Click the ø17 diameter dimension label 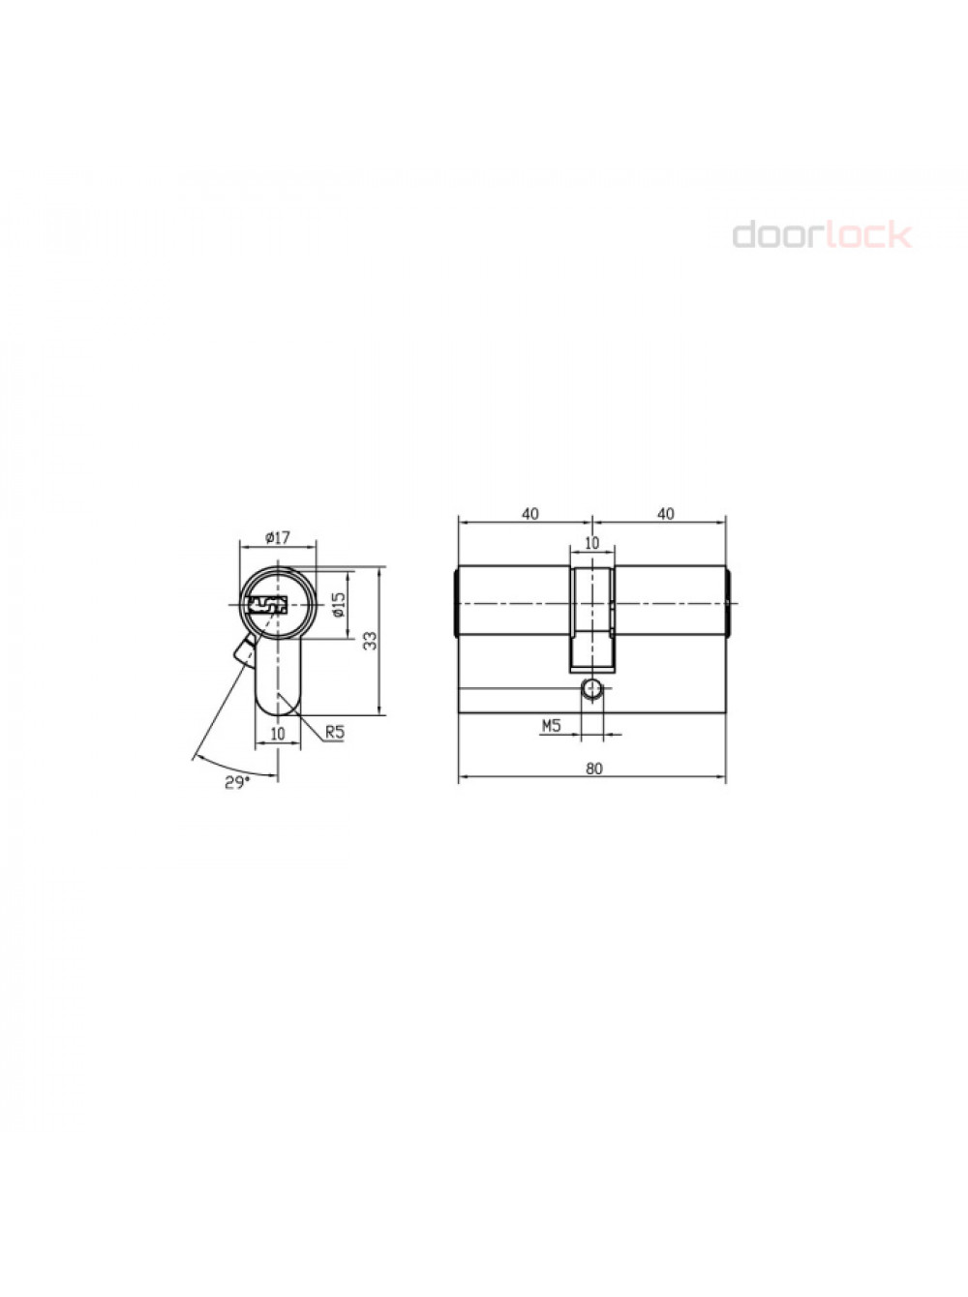coord(277,537)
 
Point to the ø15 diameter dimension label coord(339,605)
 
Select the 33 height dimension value coord(370,641)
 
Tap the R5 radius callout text coord(335,733)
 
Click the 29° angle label coord(237,783)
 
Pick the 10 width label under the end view coord(277,734)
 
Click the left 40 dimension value coord(530,514)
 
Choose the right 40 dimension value coord(665,514)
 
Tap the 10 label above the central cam coord(591,542)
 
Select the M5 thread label coord(551,726)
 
